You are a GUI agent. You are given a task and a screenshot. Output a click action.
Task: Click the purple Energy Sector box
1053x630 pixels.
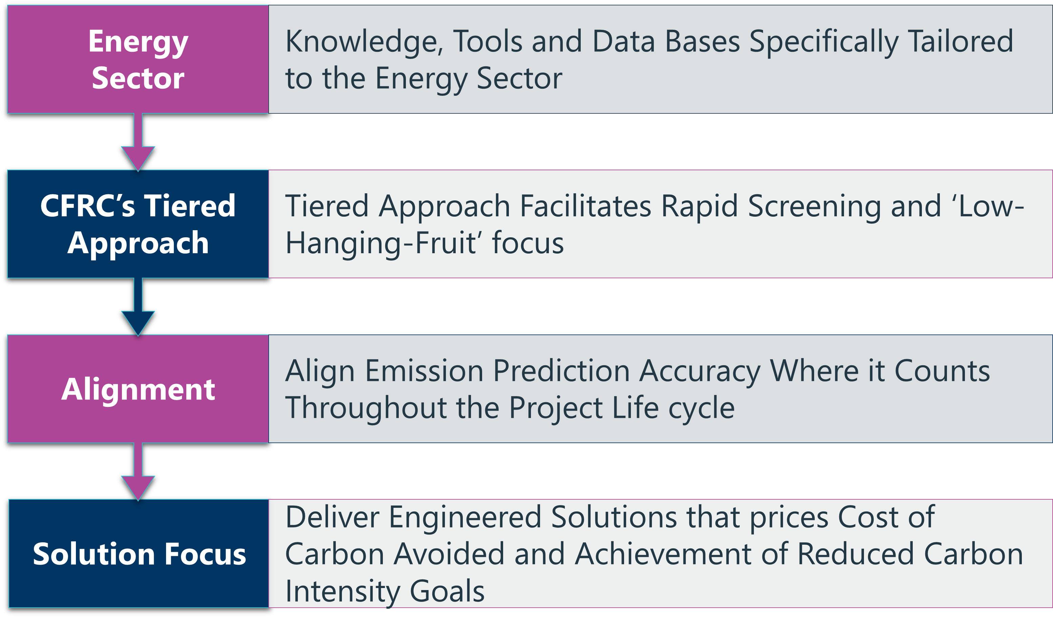138,60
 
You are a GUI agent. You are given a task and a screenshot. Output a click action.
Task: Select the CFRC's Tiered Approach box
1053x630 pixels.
138,224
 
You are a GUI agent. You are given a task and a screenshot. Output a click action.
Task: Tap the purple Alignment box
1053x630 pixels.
138,389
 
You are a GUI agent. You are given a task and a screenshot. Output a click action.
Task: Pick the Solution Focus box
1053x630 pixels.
139,553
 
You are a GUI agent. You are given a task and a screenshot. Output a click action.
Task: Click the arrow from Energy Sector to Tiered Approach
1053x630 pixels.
138,142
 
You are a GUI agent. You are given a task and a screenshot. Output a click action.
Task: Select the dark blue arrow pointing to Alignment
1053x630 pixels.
138,307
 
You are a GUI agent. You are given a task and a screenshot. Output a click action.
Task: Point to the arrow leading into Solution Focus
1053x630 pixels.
138,472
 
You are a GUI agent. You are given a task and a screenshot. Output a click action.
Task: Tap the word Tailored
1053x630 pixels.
961,41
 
